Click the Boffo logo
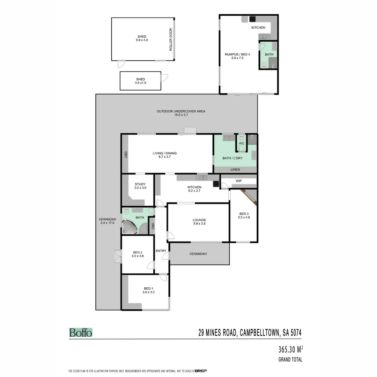coord(81,332)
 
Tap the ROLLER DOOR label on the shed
coord(171,40)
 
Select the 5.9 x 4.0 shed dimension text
coord(142,40)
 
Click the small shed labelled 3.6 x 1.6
coord(140,81)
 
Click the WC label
coord(241,143)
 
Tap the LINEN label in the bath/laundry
coord(235,170)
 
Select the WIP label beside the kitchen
coord(239,181)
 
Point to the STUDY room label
coord(140,184)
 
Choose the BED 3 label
coord(244,214)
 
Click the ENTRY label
coord(161,251)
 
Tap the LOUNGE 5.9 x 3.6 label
coord(199,222)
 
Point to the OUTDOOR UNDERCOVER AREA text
coord(181,111)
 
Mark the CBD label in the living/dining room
coord(126,155)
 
